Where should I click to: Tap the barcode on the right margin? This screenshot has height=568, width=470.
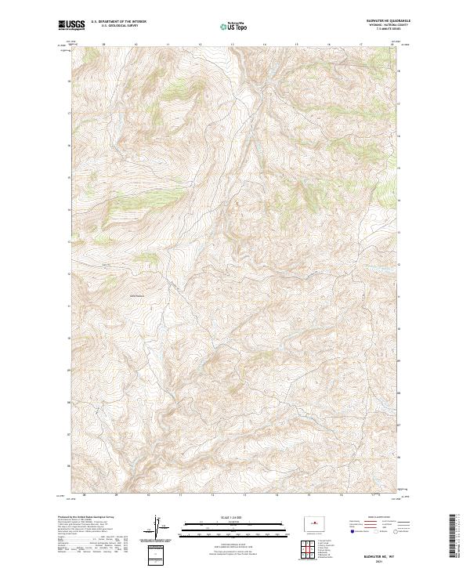pyautogui.click(x=454, y=533)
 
